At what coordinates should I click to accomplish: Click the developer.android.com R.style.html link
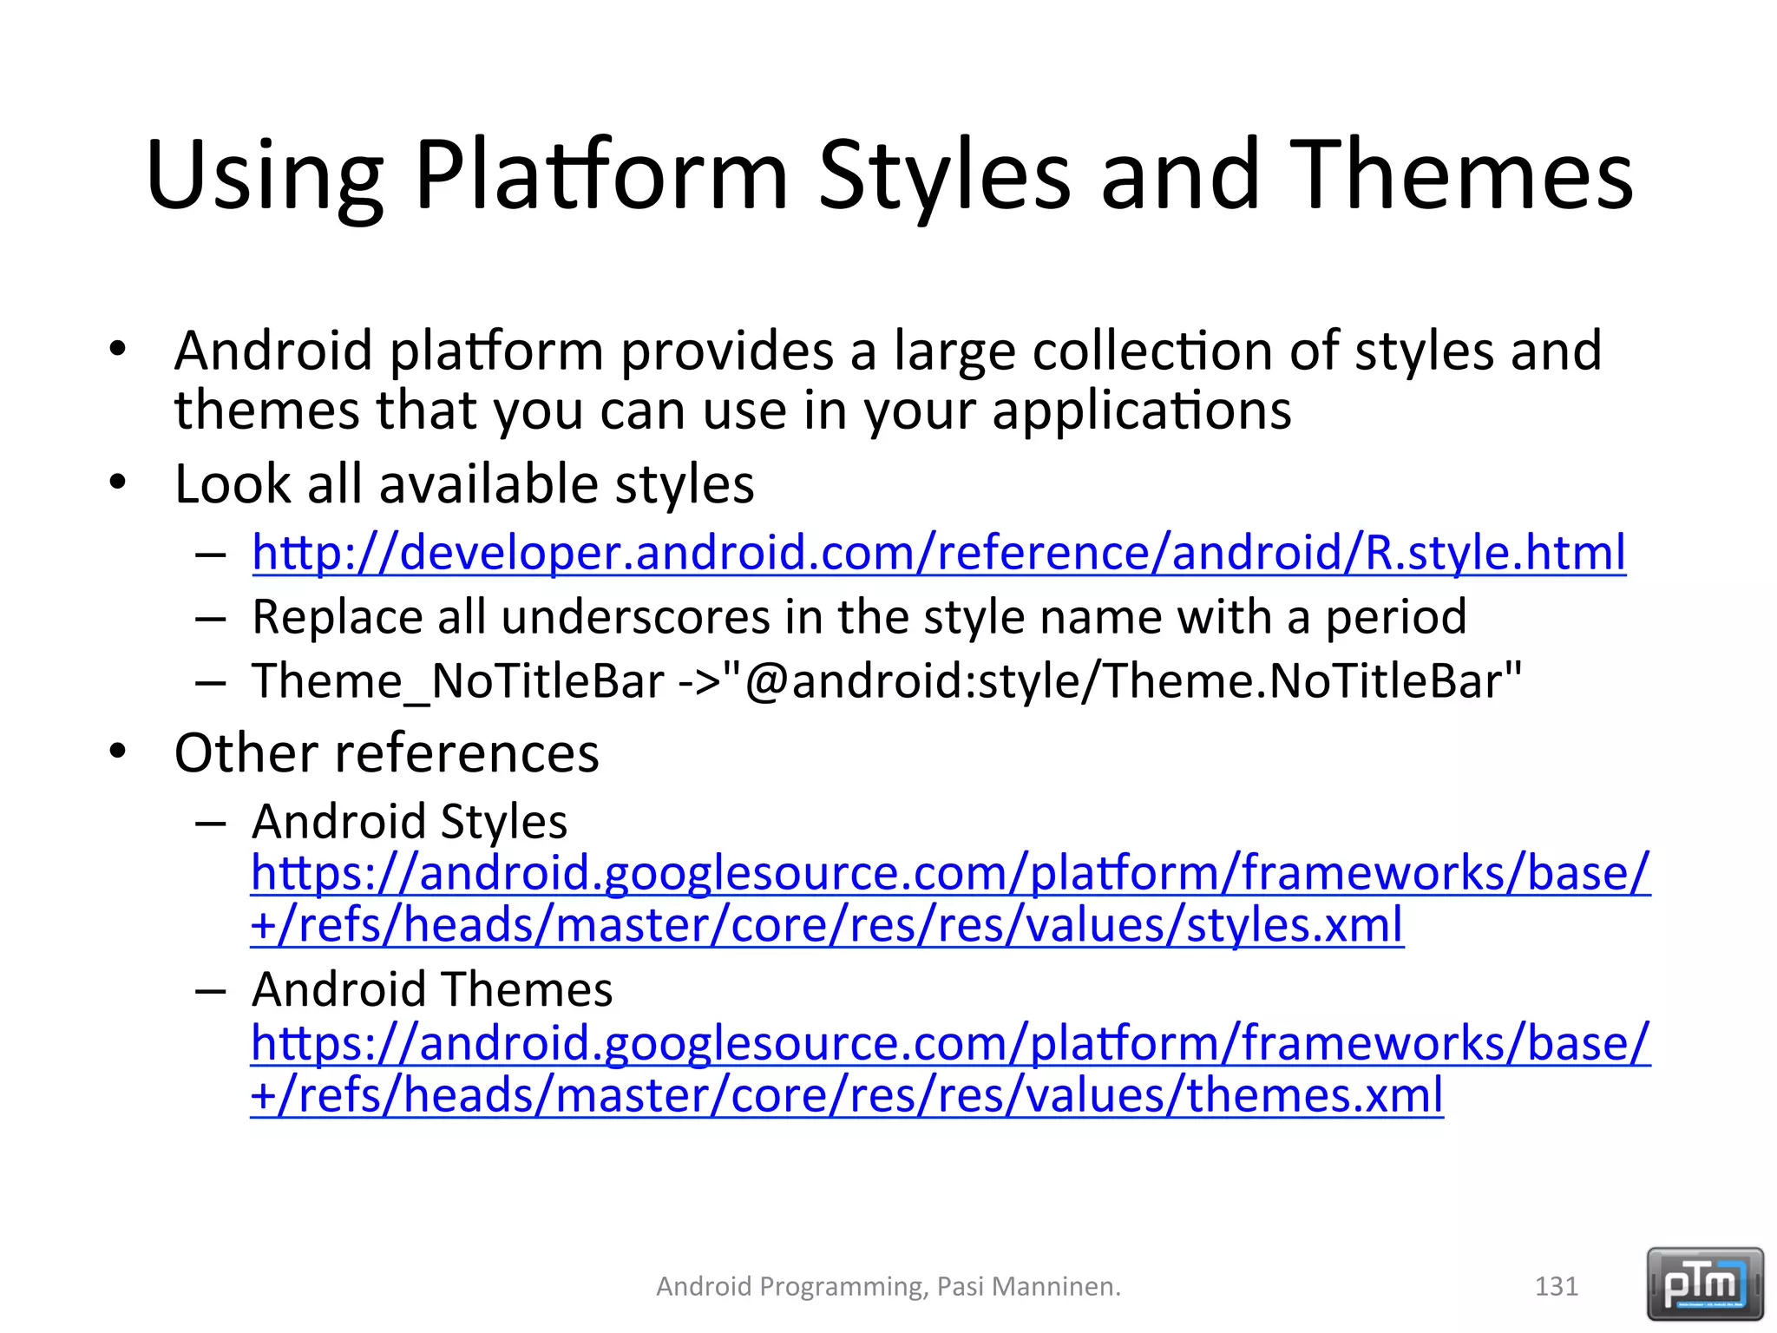[938, 553]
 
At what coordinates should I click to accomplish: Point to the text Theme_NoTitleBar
[457, 681]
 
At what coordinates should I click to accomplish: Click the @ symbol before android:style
[765, 681]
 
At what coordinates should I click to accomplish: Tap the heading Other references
[386, 752]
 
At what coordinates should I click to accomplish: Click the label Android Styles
[409, 821]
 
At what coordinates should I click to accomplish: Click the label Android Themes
[431, 989]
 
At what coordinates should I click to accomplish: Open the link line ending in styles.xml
[826, 925]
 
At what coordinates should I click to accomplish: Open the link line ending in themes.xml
[846, 1095]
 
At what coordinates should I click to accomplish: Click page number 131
[1556, 1286]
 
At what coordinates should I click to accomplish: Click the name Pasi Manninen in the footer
[1028, 1286]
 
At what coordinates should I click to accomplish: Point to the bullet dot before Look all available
[118, 482]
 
